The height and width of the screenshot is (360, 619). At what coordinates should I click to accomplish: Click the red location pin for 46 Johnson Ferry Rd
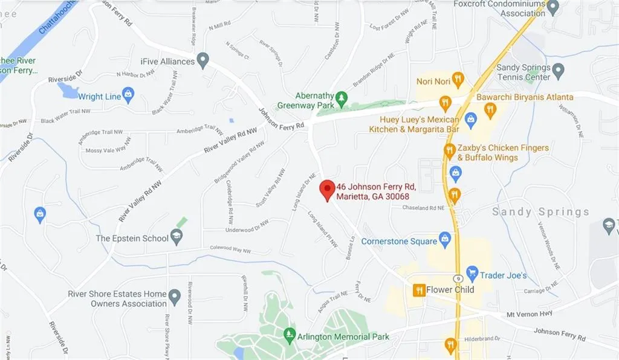327,189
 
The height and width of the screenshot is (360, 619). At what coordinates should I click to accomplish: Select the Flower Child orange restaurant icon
418,290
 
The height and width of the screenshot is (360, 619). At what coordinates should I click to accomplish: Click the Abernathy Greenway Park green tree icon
342,97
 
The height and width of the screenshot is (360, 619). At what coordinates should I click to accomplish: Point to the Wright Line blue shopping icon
128,94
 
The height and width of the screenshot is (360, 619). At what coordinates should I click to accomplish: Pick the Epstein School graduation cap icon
177,237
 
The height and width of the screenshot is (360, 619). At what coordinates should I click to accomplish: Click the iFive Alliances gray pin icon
203,60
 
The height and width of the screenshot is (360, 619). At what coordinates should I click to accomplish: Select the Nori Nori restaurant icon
458,80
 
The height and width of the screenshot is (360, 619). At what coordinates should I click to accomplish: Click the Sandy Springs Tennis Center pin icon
558,72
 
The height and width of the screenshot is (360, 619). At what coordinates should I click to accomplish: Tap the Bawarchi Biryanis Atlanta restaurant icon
490,109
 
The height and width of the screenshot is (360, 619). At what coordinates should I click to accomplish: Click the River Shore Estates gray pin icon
175,297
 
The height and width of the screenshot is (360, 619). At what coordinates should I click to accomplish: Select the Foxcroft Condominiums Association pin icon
553,7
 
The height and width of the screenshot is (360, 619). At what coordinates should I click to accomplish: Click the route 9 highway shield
458,278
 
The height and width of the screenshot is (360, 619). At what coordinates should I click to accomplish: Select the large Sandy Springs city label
540,212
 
